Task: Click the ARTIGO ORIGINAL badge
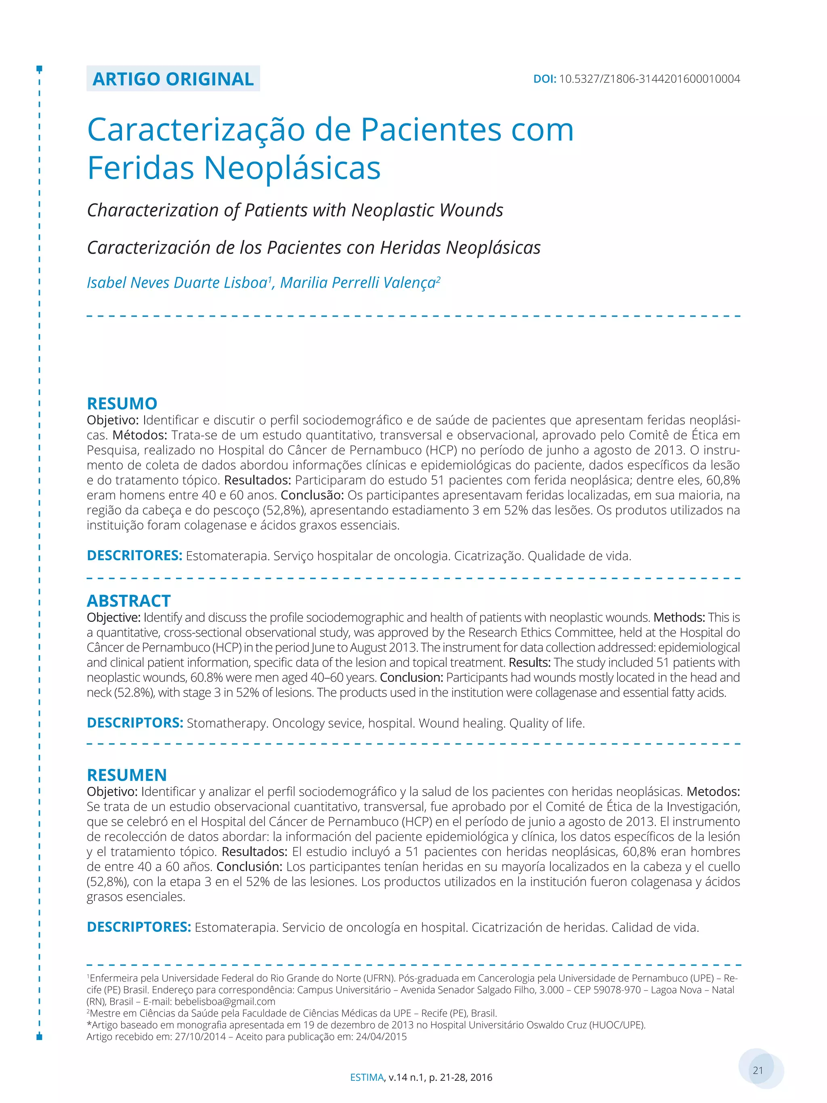pos(173,79)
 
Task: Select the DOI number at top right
pos(649,79)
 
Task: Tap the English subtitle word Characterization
pos(153,210)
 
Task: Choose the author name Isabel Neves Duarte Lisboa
pos(177,283)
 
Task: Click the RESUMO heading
pos(122,403)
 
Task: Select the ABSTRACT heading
pos(128,600)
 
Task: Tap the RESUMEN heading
pos(127,774)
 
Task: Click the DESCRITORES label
pos(134,555)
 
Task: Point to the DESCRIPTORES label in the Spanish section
pos(139,927)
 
